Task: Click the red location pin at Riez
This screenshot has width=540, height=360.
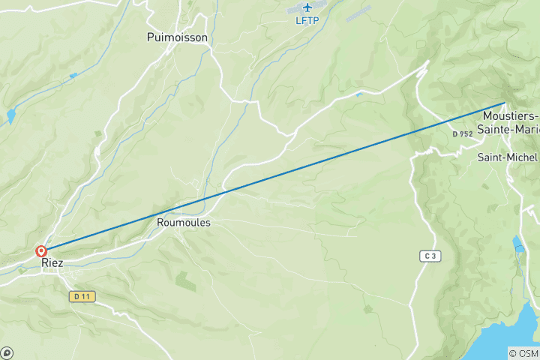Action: (x=41, y=252)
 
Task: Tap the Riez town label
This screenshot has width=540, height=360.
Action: (x=52, y=263)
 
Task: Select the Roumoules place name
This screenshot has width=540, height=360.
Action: (x=184, y=223)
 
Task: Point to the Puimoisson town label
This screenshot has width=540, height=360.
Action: (x=177, y=37)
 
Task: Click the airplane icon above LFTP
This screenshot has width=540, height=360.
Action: (x=307, y=7)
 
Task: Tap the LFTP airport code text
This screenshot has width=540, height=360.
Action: (x=307, y=20)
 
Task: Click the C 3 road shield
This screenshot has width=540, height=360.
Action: (x=429, y=256)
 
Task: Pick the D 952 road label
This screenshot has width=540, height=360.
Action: (x=463, y=134)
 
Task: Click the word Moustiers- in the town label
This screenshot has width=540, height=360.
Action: (x=511, y=116)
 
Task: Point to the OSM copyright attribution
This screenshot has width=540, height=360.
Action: (x=523, y=353)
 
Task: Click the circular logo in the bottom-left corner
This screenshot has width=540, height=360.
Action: (x=7, y=352)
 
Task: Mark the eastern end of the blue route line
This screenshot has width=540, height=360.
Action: (x=505, y=103)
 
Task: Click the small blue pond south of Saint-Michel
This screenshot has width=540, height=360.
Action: (x=518, y=244)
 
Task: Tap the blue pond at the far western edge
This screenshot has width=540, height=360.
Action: (x=10, y=116)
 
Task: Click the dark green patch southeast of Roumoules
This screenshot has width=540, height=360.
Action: (x=186, y=281)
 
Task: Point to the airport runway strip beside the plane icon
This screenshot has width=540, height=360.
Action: (x=358, y=13)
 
